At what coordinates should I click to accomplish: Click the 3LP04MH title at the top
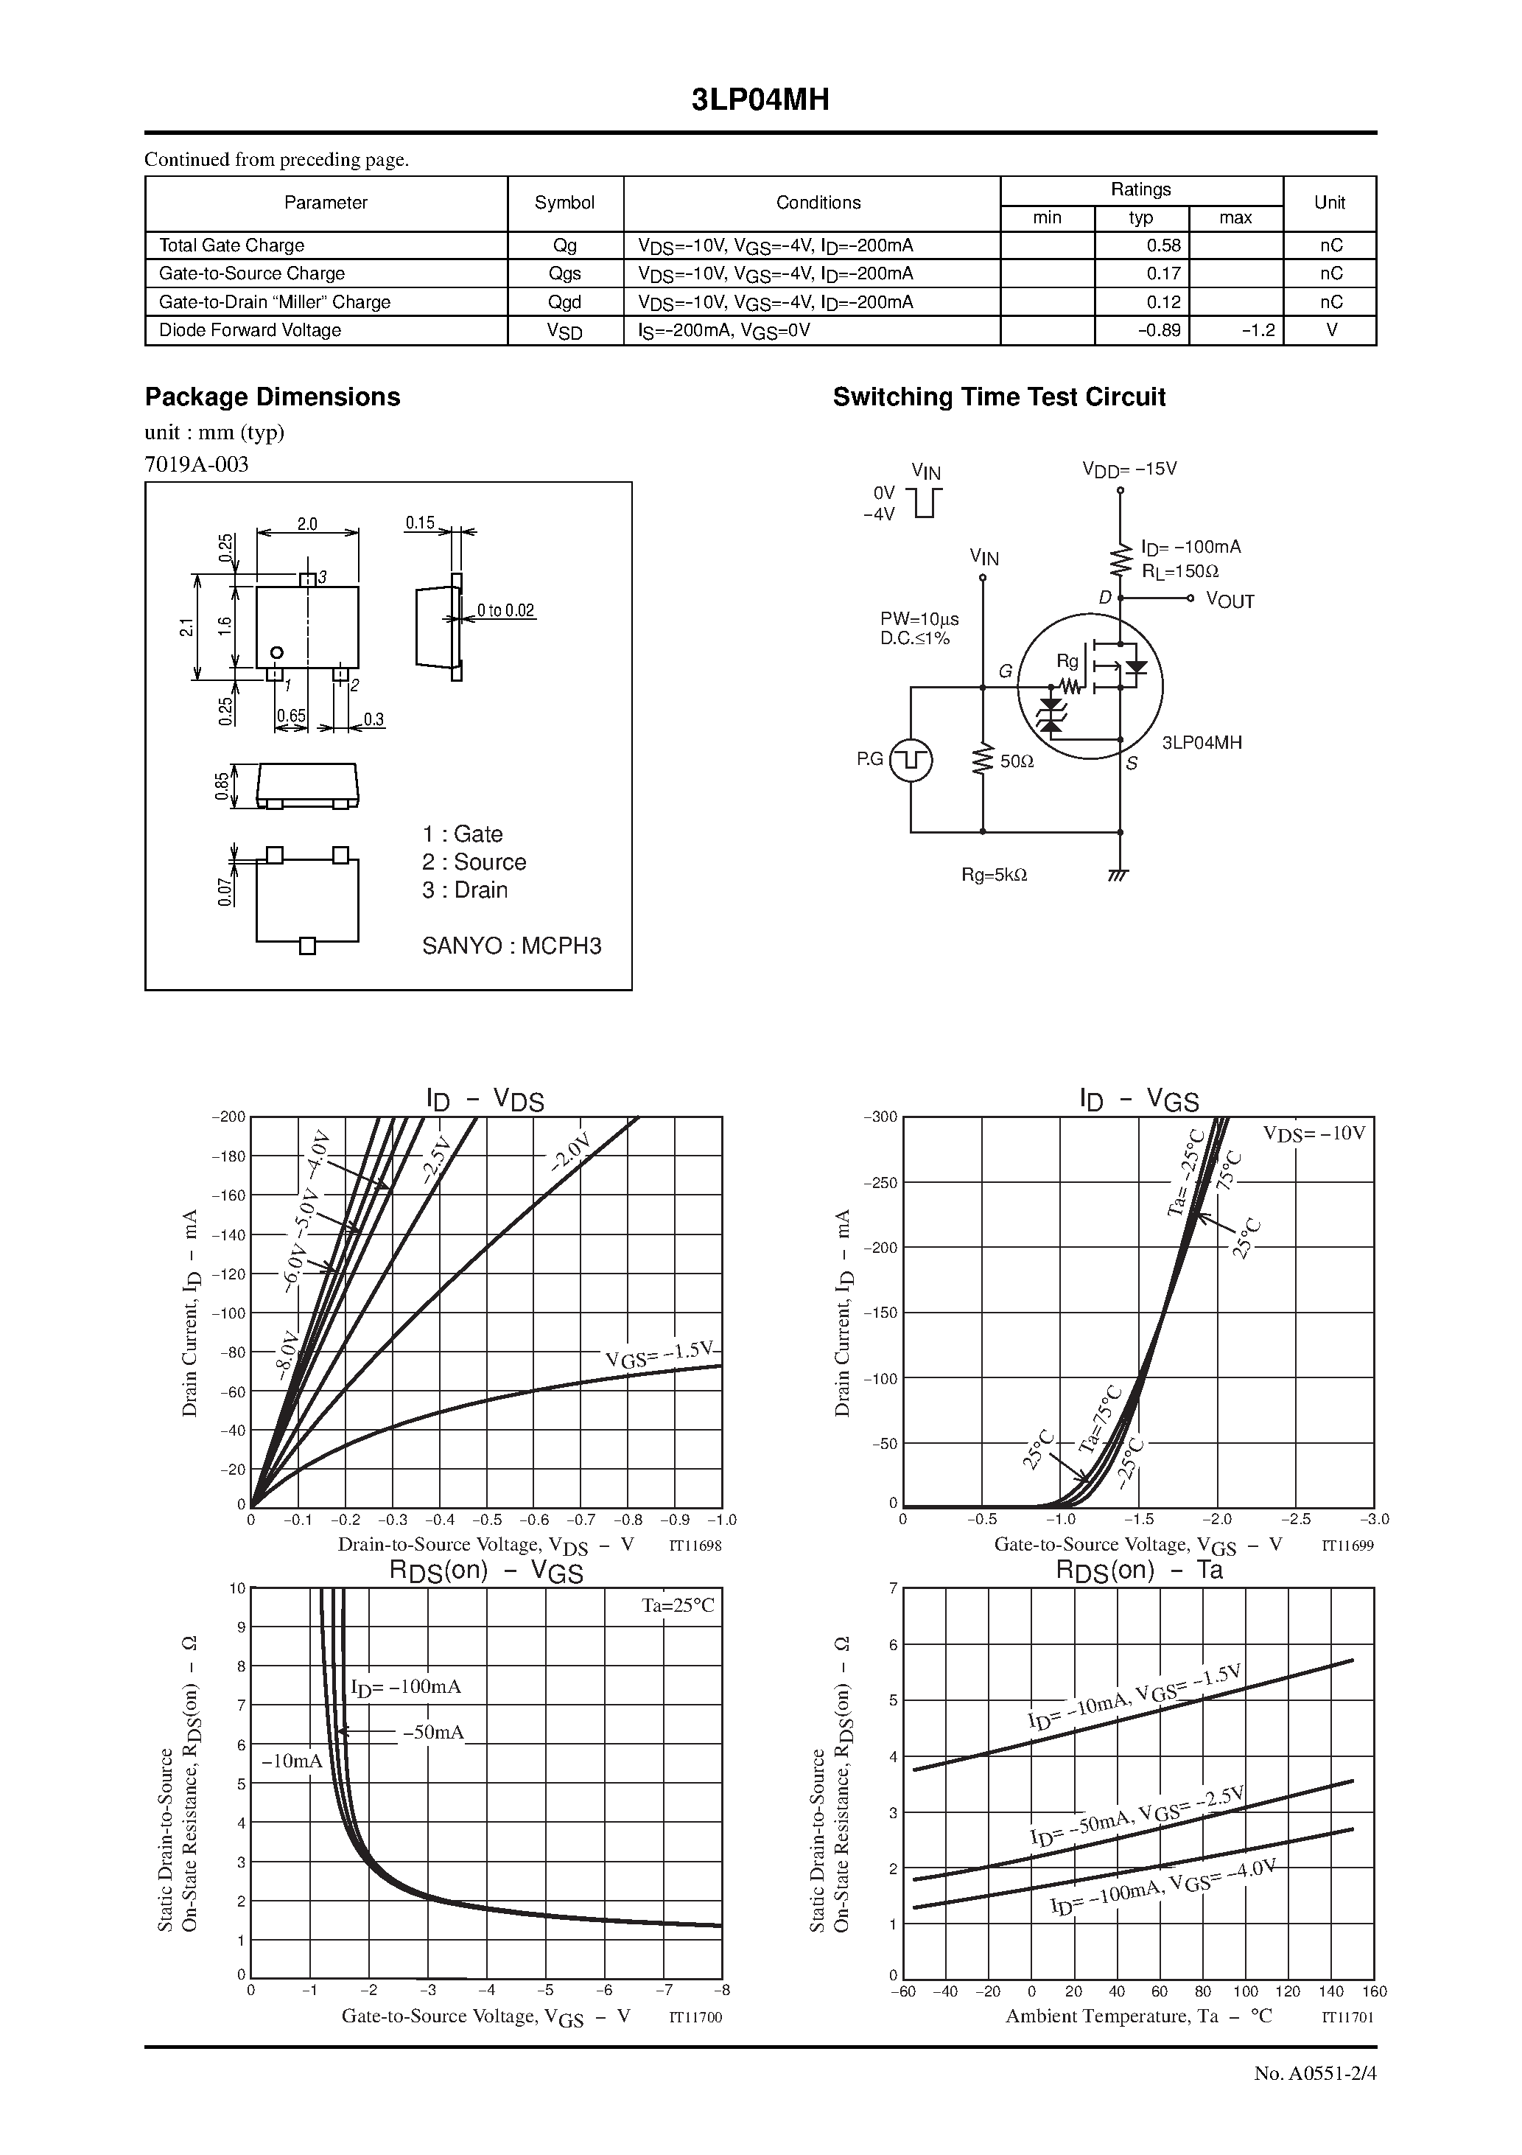click(760, 100)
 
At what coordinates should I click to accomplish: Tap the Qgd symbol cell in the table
click(565, 302)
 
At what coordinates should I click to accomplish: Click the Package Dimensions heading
click(272, 397)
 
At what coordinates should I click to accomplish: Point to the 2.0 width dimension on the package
click(307, 525)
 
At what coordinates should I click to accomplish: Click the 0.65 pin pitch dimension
click(291, 716)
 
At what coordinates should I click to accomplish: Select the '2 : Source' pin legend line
click(474, 862)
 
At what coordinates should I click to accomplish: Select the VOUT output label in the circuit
click(1230, 601)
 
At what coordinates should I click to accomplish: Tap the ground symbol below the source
click(1118, 875)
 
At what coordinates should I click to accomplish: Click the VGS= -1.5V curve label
click(659, 1353)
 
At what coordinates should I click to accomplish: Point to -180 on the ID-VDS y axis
click(228, 1156)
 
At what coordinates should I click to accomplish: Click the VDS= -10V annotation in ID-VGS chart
click(1314, 1133)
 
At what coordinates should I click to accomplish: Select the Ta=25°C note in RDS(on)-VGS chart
click(678, 1606)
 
